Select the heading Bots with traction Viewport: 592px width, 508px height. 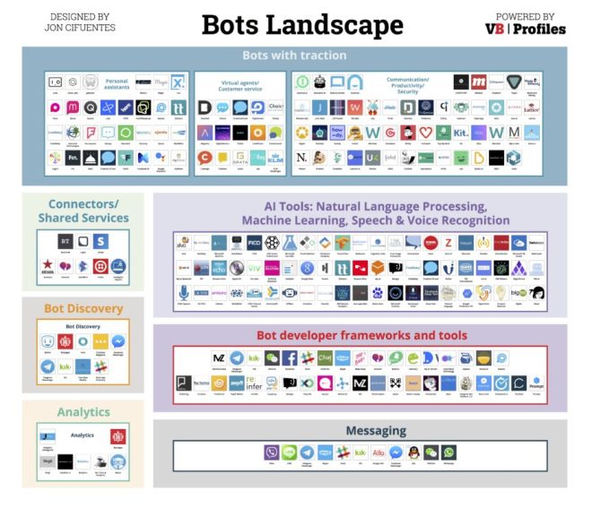point(295,56)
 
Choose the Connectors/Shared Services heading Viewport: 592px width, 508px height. point(83,211)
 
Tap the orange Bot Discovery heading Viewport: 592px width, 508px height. point(83,309)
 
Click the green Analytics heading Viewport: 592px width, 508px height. point(83,412)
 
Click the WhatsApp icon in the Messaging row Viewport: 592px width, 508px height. point(448,452)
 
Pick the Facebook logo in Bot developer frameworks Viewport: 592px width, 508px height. point(290,357)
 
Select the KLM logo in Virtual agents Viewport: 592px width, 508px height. point(274,158)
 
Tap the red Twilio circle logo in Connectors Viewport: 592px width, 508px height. point(100,266)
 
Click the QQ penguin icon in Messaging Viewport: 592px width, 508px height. point(414,452)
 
